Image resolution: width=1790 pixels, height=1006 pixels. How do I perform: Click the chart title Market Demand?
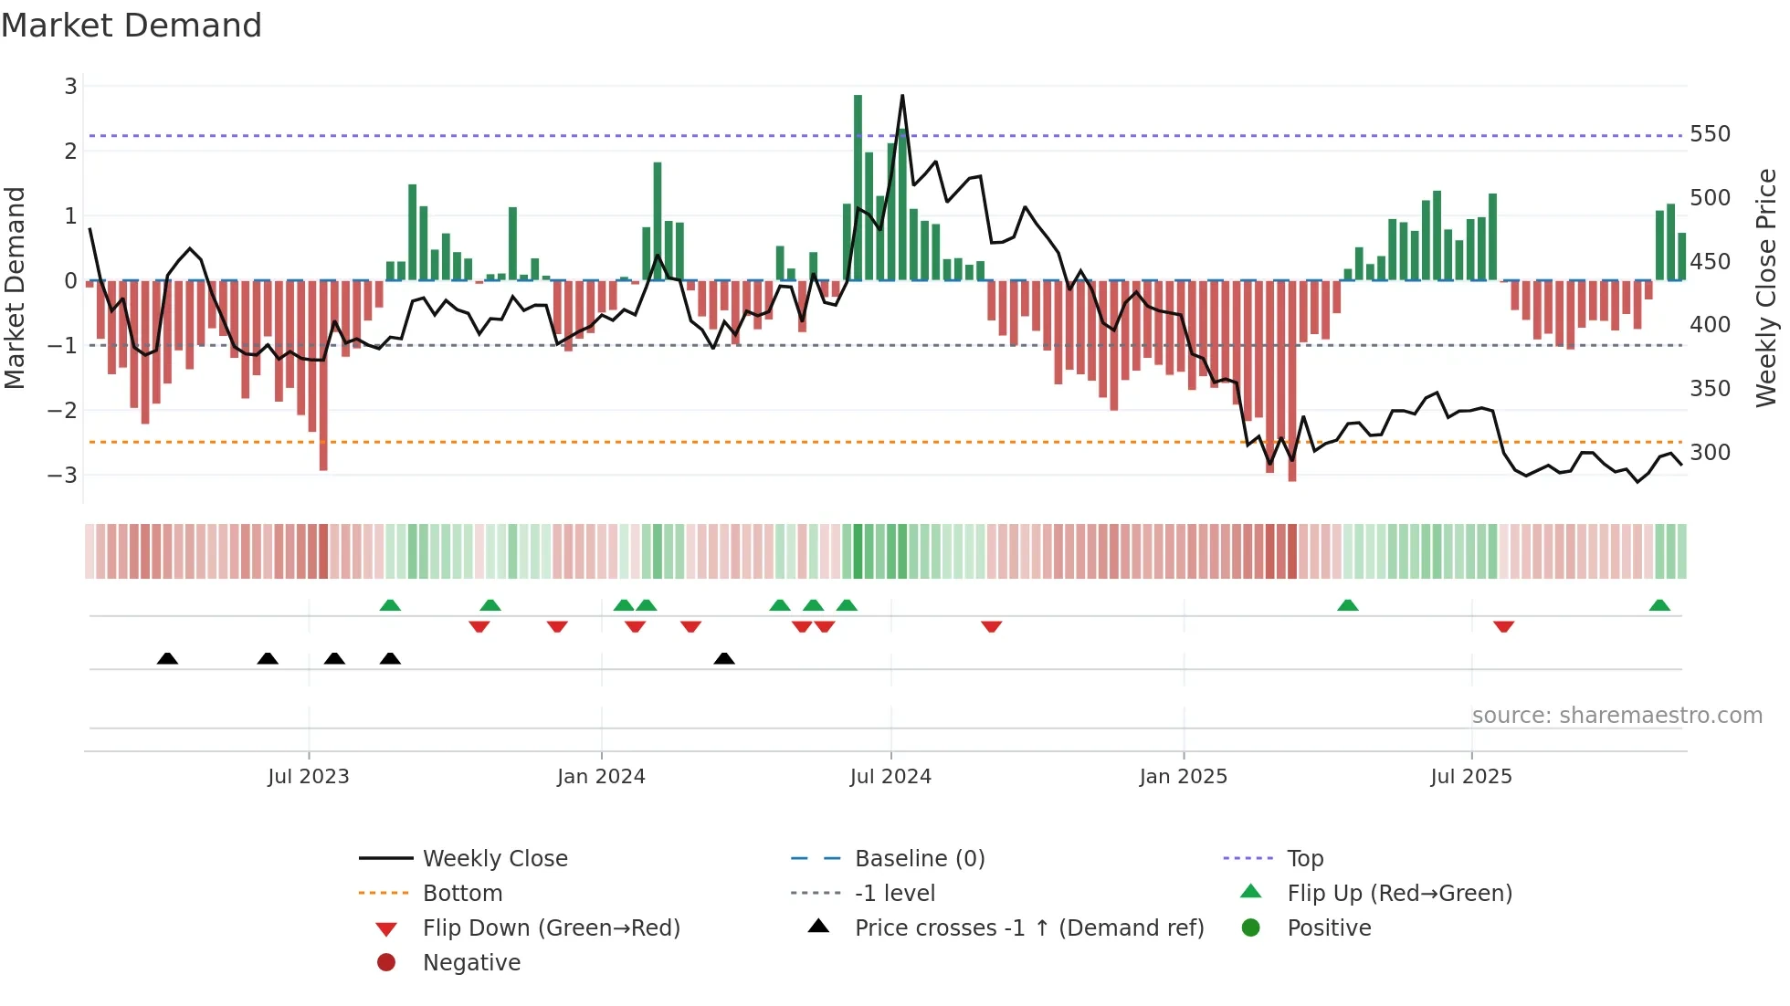(x=132, y=26)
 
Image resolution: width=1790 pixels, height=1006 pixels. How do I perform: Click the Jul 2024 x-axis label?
(x=890, y=777)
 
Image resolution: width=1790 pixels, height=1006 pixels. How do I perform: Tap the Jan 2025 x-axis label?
(x=1183, y=777)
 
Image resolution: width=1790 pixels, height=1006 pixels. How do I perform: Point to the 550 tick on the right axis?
(x=1710, y=134)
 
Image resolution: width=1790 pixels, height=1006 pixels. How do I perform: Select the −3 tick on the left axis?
(x=63, y=476)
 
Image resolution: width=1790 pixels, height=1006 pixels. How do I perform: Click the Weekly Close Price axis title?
(x=1766, y=288)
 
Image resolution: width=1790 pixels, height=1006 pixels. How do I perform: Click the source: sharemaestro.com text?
(x=1616, y=716)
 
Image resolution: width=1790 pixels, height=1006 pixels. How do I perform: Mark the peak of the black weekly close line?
(x=902, y=96)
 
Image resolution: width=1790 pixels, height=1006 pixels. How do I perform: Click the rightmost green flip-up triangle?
(x=1659, y=605)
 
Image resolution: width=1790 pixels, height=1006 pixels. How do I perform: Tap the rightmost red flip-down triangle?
(x=1503, y=626)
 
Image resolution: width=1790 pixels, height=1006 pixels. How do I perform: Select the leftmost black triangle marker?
(x=167, y=658)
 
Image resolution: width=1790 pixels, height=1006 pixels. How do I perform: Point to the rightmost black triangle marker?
(x=724, y=658)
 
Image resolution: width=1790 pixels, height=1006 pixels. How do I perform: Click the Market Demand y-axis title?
(x=16, y=288)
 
